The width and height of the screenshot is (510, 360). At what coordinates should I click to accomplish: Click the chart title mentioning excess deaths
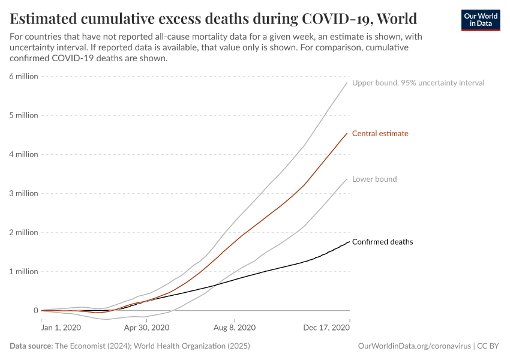(x=214, y=17)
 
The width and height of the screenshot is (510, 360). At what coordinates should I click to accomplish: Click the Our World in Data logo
(x=480, y=20)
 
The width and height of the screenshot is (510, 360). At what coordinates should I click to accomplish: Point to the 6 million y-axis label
(x=23, y=76)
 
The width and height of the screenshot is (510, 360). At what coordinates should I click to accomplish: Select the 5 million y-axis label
(x=23, y=115)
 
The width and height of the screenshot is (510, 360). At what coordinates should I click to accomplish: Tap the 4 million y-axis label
(x=23, y=154)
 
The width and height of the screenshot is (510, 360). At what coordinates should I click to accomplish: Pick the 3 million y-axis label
(x=23, y=193)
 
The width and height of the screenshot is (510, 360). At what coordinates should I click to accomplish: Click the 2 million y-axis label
(x=23, y=232)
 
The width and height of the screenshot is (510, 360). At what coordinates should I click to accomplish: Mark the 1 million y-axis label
(x=23, y=271)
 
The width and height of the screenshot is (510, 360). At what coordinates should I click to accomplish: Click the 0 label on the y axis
(x=35, y=310)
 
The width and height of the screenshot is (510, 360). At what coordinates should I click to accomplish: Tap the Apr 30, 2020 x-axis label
(x=147, y=328)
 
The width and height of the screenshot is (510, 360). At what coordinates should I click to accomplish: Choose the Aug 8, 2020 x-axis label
(x=235, y=328)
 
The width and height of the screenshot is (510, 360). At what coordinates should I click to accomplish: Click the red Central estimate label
(x=380, y=133)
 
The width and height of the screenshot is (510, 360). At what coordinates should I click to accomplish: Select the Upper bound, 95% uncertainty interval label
(x=418, y=83)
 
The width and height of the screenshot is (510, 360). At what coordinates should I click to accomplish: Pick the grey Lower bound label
(x=374, y=179)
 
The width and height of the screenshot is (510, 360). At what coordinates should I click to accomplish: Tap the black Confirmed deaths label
(x=382, y=242)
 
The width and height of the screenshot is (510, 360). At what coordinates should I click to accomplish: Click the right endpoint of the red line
(x=347, y=134)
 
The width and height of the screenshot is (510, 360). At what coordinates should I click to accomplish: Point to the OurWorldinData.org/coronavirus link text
(x=413, y=346)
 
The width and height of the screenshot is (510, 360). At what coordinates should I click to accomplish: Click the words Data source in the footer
(x=31, y=346)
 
